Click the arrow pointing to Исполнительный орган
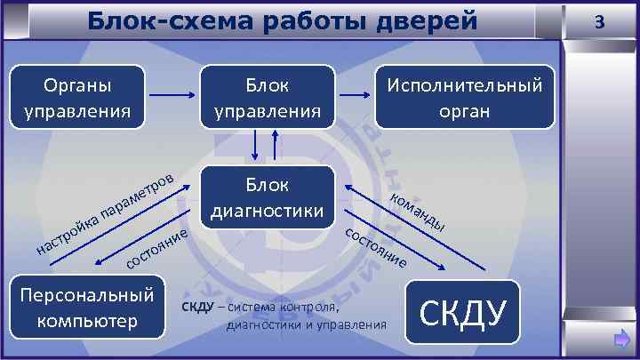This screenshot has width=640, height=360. coord(358,96)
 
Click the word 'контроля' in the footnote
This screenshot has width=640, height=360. coord(307,308)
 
